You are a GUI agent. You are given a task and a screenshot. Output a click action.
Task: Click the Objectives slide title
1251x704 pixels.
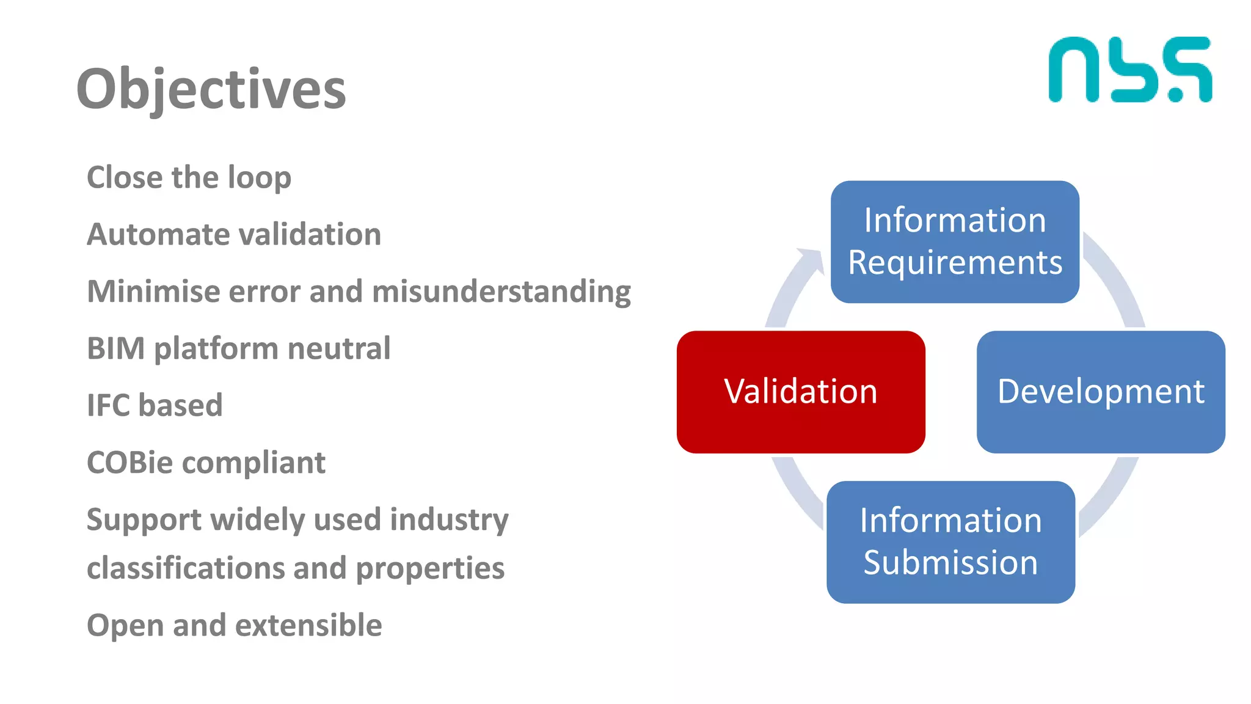point(211,89)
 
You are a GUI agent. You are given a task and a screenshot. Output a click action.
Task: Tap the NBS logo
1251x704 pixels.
point(1130,70)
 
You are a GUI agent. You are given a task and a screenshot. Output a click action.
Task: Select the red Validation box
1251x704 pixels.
point(800,392)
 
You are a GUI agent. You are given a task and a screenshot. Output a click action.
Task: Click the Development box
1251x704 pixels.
point(1101,392)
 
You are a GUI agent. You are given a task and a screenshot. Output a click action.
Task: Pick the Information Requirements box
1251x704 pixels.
point(955,241)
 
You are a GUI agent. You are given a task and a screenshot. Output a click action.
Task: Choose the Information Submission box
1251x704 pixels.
point(950,541)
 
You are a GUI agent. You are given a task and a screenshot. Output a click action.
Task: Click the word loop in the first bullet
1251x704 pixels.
point(259,178)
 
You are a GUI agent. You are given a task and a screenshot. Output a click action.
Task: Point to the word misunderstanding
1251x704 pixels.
point(501,291)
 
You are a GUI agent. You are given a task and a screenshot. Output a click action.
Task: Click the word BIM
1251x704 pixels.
point(115,348)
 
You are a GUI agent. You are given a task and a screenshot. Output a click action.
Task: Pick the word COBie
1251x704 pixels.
point(129,463)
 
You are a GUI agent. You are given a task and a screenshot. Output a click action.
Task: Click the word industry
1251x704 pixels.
point(449,520)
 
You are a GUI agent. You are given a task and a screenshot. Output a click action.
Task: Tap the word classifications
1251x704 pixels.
point(184,568)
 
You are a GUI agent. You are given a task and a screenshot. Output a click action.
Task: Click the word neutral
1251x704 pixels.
point(338,348)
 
